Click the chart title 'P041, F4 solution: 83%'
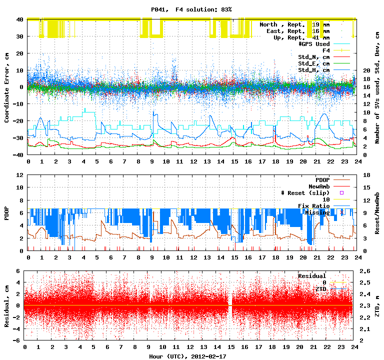pyautogui.click(x=191, y=9)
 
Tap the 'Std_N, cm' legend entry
pyautogui.click(x=313, y=57)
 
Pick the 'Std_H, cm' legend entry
pyautogui.click(x=313, y=70)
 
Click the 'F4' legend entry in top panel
pyautogui.click(x=326, y=50)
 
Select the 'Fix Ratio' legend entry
pyautogui.click(x=313, y=205)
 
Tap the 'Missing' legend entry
pyautogui.click(x=317, y=212)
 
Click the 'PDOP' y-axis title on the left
pyautogui.click(x=7, y=212)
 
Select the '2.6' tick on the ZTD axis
pyautogui.click(x=365, y=271)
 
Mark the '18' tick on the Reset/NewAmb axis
pyautogui.click(x=365, y=175)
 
